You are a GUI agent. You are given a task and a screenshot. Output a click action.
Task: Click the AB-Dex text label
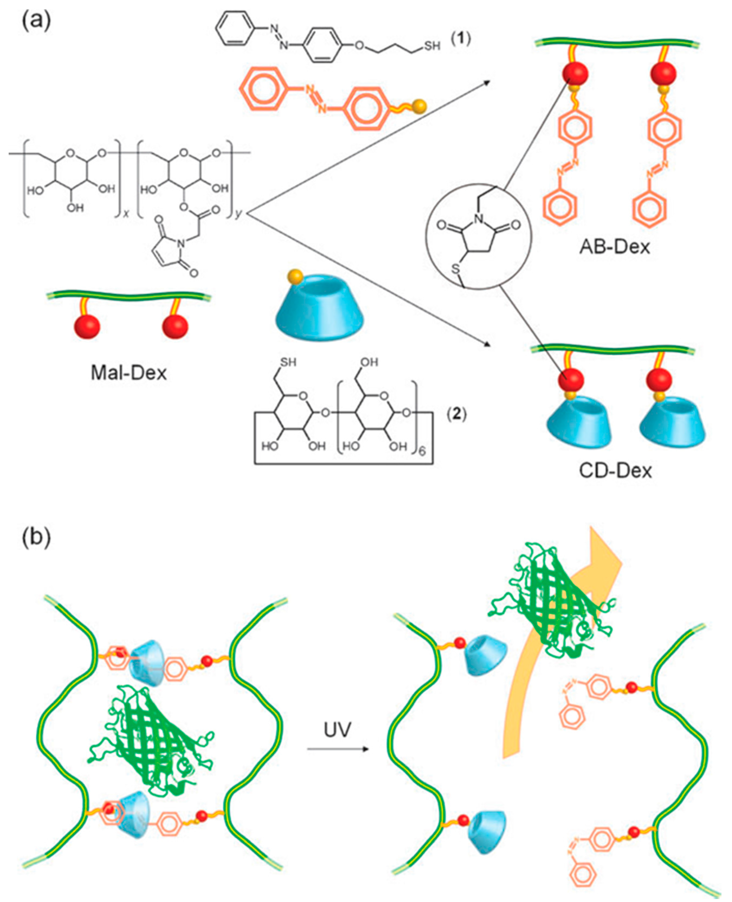point(614,247)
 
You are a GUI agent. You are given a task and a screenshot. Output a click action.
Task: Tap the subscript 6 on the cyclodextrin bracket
point(422,452)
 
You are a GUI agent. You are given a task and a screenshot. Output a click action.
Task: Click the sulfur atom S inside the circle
point(456,269)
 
